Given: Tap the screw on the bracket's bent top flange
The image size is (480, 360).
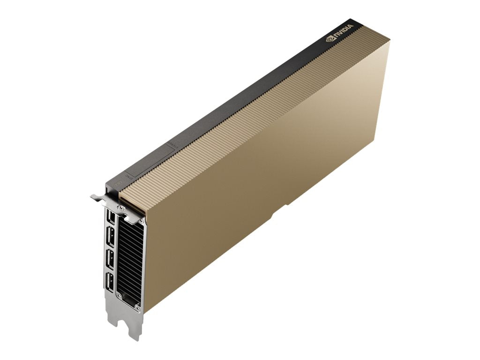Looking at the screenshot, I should (122, 206).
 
